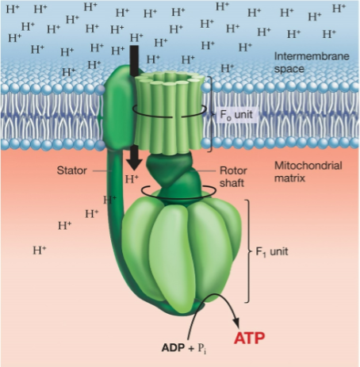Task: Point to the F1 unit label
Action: [274, 251]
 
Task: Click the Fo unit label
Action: [237, 113]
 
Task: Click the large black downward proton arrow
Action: [134, 103]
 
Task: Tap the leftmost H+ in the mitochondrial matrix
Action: [39, 250]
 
